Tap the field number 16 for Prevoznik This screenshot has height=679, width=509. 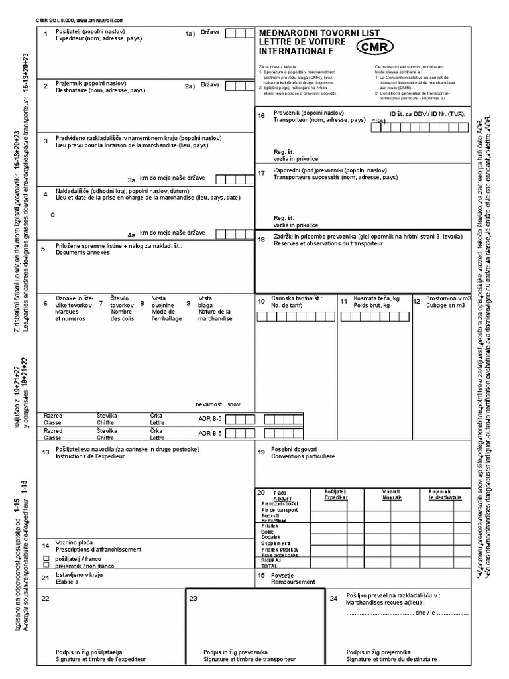coord(261,115)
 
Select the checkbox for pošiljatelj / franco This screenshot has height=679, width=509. coord(46,559)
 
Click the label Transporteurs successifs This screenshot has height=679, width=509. coord(335,178)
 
